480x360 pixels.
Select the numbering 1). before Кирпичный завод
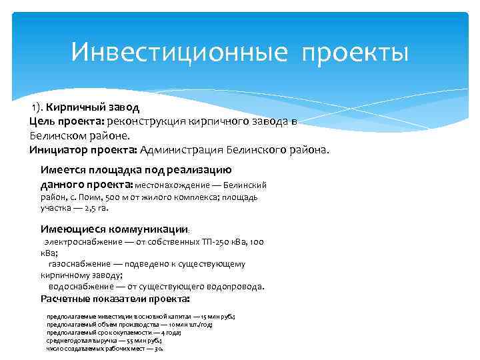[36, 107]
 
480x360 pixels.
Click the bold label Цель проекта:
[65, 121]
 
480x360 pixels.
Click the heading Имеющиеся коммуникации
[114, 228]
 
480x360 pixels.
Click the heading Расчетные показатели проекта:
[115, 299]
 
